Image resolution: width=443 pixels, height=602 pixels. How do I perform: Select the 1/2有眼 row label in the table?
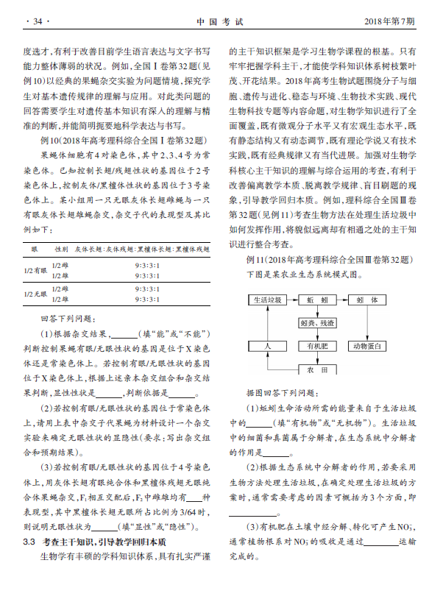tap(34, 271)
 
